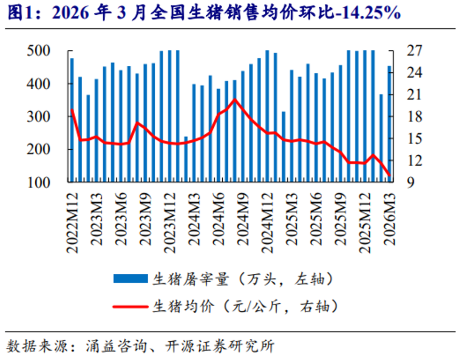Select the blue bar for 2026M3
click(389, 124)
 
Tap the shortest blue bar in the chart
click(186, 159)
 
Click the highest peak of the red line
click(235, 99)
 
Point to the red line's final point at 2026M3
click(389, 175)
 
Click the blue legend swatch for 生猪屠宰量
click(130, 279)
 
